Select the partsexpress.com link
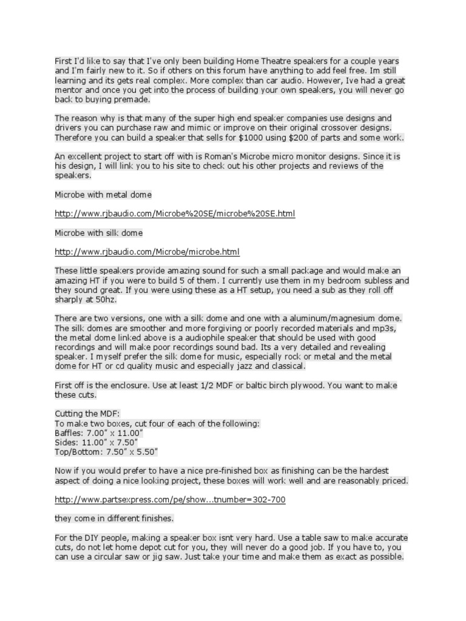[x=170, y=500]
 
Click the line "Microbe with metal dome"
[x=103, y=195]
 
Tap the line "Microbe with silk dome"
[x=98, y=233]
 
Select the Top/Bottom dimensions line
[x=106, y=452]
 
